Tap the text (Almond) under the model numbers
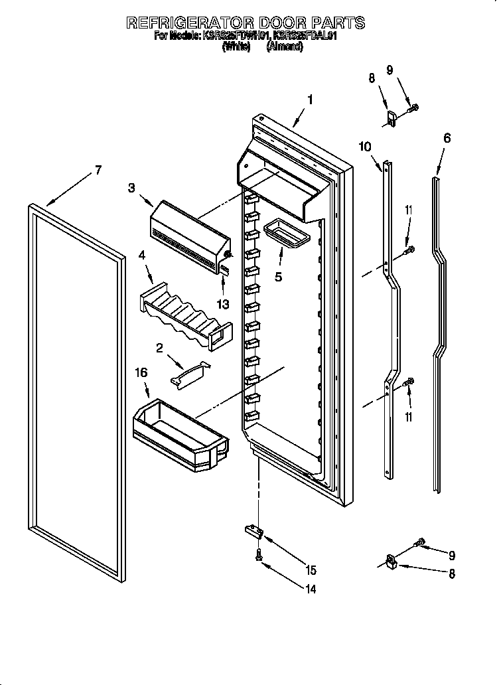tap(284, 47)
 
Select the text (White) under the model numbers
tap(236, 47)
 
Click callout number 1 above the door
tap(309, 100)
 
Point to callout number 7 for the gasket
tap(98, 170)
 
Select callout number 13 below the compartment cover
tap(222, 305)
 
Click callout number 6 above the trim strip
tap(447, 138)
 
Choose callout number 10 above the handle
tap(365, 147)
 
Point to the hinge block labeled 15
tap(253, 530)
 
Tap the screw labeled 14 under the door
tap(257, 560)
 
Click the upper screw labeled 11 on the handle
tap(409, 250)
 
